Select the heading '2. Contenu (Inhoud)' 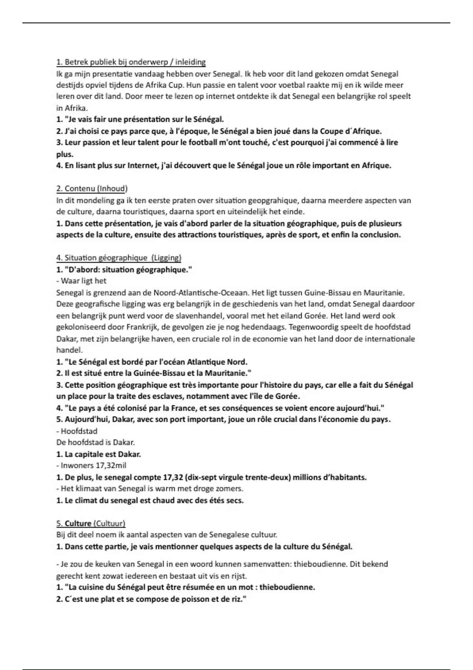92,188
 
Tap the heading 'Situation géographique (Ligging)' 119,258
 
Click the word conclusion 378,235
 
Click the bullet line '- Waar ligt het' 82,281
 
